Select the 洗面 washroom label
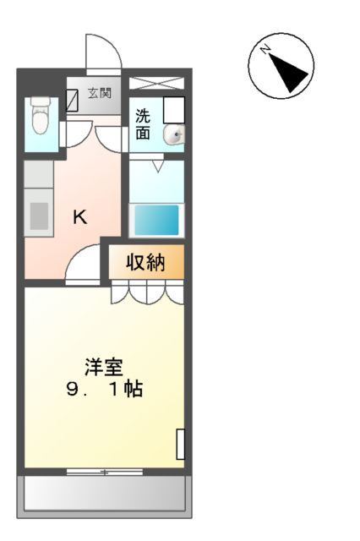coord(144,124)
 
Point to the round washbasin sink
coord(174,134)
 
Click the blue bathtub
coord(157,220)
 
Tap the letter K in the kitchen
coord(79,217)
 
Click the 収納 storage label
coord(145,263)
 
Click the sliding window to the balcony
coord(104,470)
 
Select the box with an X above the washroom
coord(156,83)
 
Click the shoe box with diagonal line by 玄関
coord(74,100)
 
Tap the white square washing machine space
coord(173,110)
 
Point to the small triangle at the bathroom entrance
coord(156,167)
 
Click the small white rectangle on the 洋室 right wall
coord(180,445)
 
